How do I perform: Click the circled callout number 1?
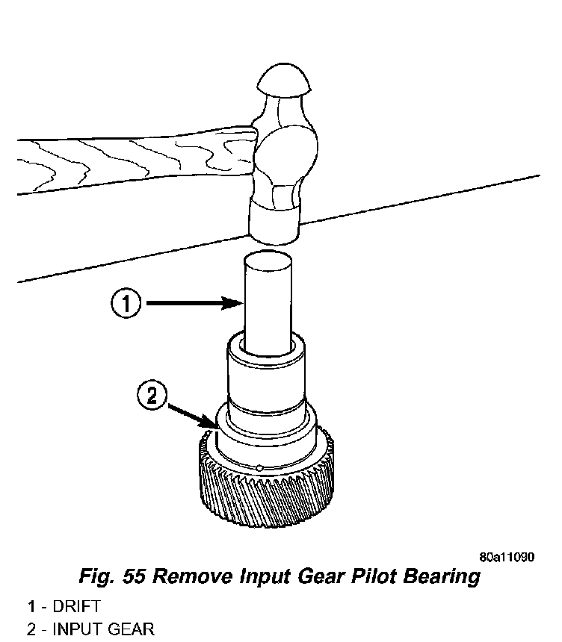pos(127,304)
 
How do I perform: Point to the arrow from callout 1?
pos(194,303)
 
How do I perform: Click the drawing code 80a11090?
pos(507,557)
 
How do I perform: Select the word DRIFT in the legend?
pos(76,606)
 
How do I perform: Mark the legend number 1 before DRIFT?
pos(31,606)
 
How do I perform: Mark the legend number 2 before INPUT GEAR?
pos(31,629)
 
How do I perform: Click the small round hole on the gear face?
pos(257,468)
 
